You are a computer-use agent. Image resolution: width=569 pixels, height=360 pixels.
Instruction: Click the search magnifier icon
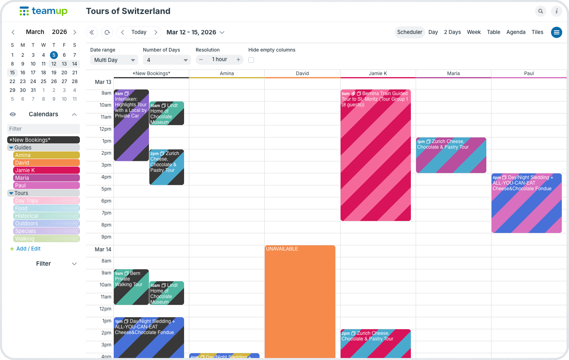coord(540,11)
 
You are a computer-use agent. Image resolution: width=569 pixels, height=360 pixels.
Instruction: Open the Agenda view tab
coord(515,32)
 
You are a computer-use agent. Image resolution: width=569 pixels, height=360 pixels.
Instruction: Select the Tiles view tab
coord(537,32)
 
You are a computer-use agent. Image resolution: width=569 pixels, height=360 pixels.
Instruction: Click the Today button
coord(139,32)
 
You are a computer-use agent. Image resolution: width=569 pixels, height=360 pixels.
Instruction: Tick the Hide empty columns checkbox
coord(251,60)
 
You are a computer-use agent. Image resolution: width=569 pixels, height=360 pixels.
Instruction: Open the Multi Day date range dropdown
coord(114,60)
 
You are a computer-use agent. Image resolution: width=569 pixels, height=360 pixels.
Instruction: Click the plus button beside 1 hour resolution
coord(238,60)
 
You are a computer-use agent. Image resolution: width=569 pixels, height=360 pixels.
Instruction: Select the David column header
coord(302,74)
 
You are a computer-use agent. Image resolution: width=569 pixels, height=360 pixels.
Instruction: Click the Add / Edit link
coord(28,249)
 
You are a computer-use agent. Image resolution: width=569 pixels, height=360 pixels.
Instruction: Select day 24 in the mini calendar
coord(33,82)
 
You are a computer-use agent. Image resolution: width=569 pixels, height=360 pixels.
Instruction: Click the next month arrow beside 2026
coord(75,32)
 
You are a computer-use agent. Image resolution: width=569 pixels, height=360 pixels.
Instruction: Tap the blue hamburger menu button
coord(556,32)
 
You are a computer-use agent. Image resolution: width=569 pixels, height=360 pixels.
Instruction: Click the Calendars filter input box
coord(44,129)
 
